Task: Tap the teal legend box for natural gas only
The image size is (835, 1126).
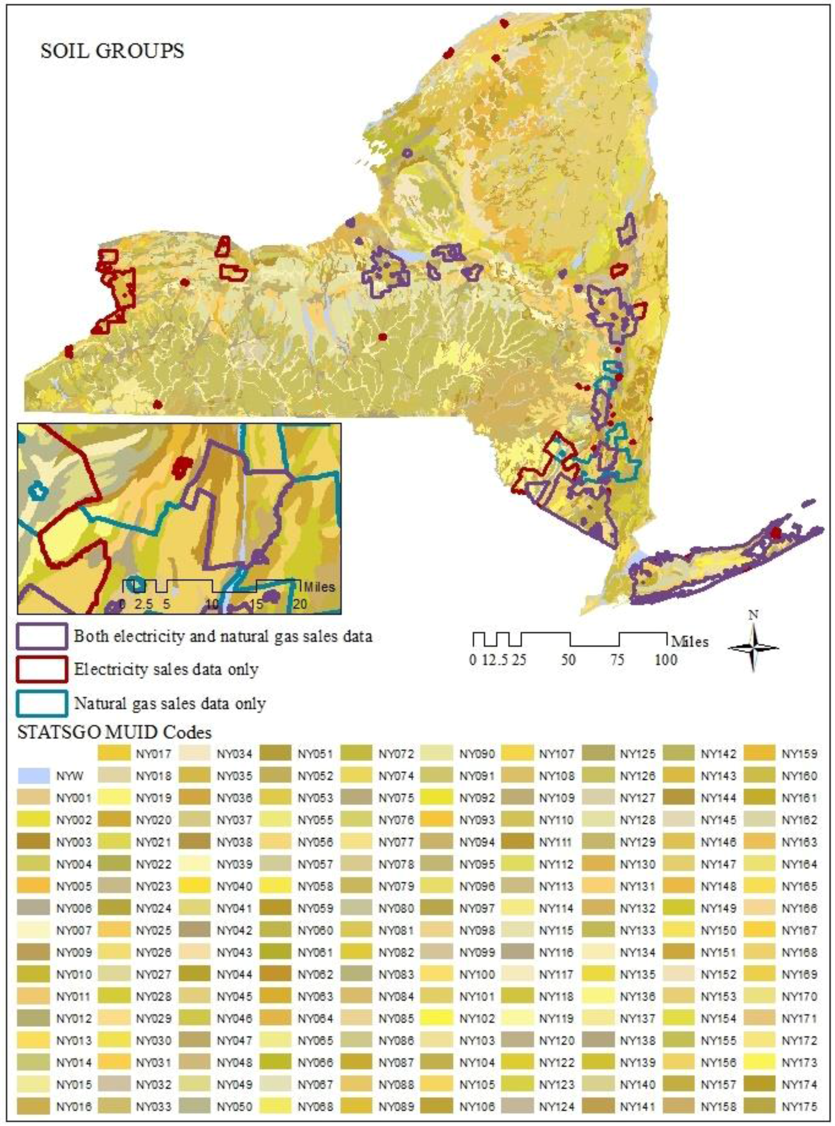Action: tap(42, 703)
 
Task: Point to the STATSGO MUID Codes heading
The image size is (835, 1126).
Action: tap(114, 732)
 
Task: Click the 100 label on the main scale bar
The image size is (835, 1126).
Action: tap(666, 659)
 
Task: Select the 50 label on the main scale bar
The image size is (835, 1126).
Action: tap(569, 659)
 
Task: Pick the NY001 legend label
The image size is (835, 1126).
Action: tap(74, 798)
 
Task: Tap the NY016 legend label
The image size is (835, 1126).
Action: tap(74, 1106)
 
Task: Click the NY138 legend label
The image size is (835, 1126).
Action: tap(638, 1040)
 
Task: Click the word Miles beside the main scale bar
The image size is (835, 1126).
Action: tap(689, 641)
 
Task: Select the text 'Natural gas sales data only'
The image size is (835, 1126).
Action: tap(170, 704)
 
